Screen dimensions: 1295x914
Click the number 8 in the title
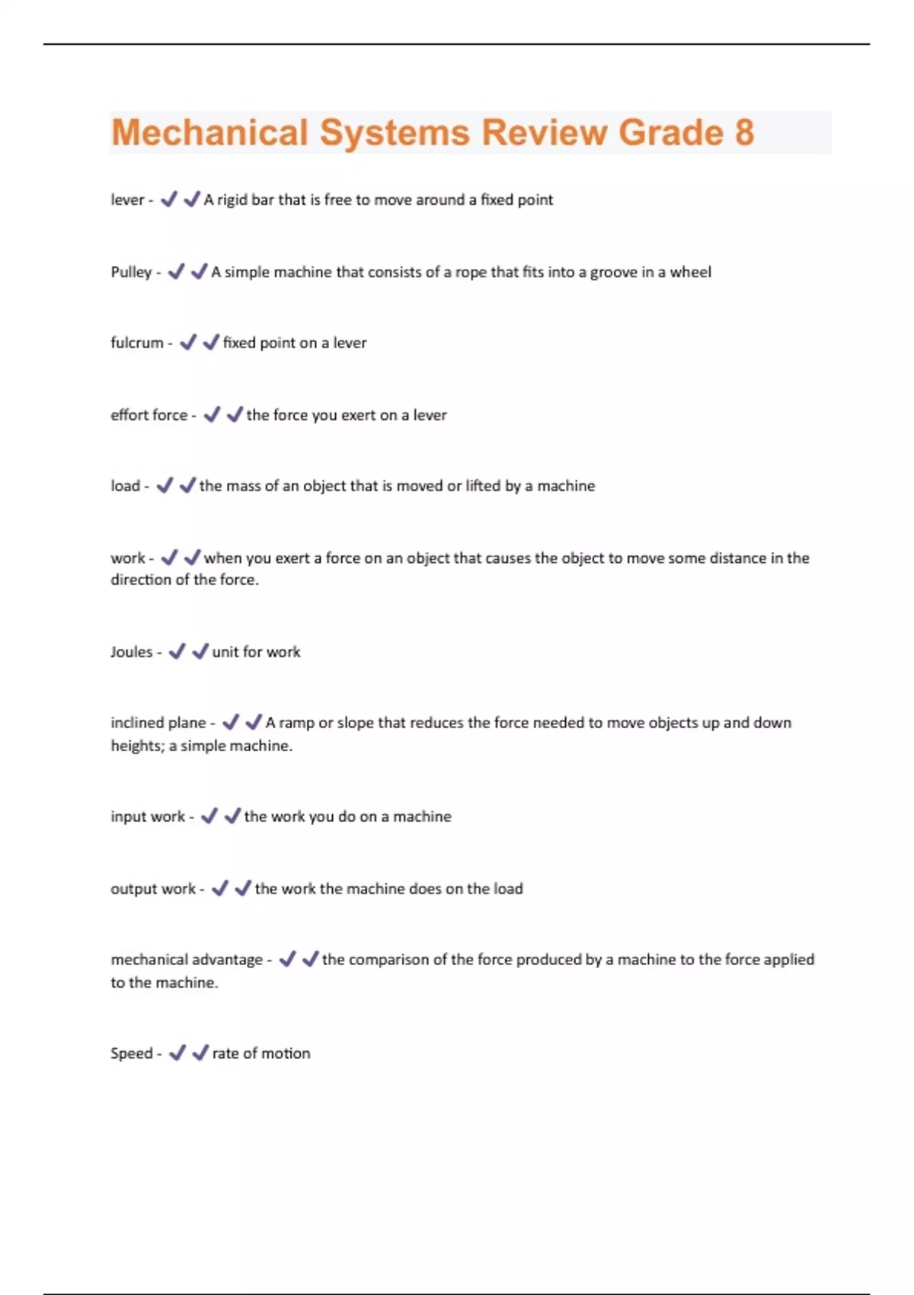743,133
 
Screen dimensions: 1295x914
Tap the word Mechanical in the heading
209,133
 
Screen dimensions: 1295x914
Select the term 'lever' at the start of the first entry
127,200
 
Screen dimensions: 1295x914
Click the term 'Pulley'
131,272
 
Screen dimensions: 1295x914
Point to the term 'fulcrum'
137,343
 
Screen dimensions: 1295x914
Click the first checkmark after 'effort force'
212,414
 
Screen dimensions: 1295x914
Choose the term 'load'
125,486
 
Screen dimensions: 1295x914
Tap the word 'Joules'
131,652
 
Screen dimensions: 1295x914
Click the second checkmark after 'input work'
232,816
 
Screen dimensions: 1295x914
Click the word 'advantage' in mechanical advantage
225,960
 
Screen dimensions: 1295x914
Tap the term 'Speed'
131,1054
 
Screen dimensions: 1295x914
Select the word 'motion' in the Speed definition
286,1054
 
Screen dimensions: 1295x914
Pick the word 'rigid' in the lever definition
232,200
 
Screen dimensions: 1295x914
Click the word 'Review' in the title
544,133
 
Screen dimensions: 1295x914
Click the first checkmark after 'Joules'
177,651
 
